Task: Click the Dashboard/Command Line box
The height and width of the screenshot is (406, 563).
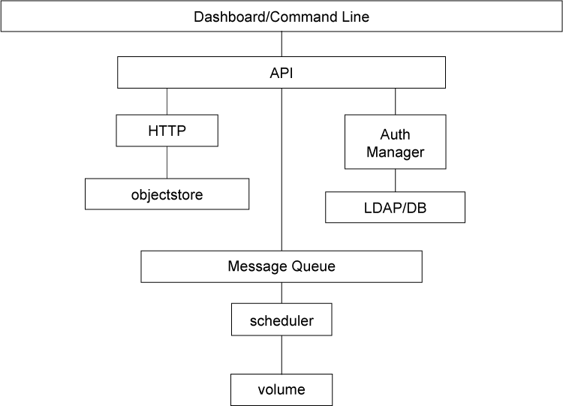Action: (281, 17)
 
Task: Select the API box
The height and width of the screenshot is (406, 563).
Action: (281, 73)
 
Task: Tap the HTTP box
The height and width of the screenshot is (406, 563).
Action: (167, 131)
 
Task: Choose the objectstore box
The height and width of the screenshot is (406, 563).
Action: (167, 194)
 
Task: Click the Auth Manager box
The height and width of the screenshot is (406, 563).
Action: (396, 142)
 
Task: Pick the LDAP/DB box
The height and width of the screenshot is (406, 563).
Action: (396, 207)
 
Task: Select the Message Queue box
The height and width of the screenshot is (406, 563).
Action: (281, 266)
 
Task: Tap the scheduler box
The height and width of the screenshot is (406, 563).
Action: (281, 320)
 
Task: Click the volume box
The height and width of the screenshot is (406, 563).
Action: (281, 389)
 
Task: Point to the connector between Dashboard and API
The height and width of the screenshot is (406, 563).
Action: (281, 44)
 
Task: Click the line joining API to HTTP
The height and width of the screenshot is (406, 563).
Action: (167, 101)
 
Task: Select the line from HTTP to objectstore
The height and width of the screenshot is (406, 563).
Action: (167, 162)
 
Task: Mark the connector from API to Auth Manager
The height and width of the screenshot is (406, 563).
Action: (396, 101)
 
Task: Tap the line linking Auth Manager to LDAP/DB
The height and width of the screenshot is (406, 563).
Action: (396, 180)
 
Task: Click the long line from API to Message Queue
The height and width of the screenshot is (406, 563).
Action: (281, 170)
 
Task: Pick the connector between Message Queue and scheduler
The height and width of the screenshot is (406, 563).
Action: (281, 293)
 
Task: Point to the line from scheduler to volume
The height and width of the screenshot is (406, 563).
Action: (281, 355)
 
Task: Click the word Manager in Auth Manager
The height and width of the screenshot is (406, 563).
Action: (396, 152)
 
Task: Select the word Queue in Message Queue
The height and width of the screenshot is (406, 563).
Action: (313, 266)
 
